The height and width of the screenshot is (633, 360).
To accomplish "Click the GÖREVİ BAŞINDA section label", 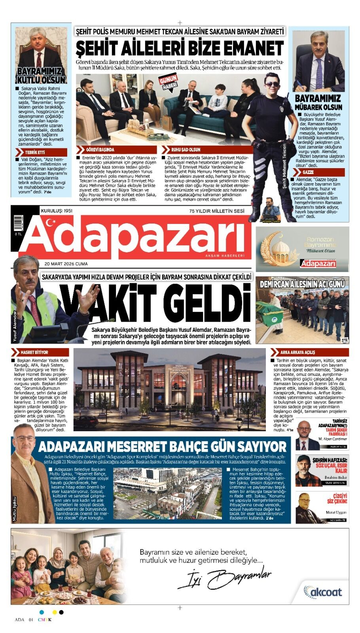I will (x=100, y=150).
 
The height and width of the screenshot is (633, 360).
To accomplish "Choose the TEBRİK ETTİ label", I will (x=35, y=152).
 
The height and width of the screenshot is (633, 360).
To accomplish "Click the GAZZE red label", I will (x=308, y=172).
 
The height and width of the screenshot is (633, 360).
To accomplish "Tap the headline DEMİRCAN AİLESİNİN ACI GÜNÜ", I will (x=302, y=284).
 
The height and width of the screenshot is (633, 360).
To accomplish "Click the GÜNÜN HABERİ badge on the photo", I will (x=169, y=82).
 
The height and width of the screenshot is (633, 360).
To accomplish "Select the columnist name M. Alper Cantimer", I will (x=332, y=439).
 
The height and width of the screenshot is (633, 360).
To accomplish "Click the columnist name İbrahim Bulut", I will (x=335, y=478).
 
